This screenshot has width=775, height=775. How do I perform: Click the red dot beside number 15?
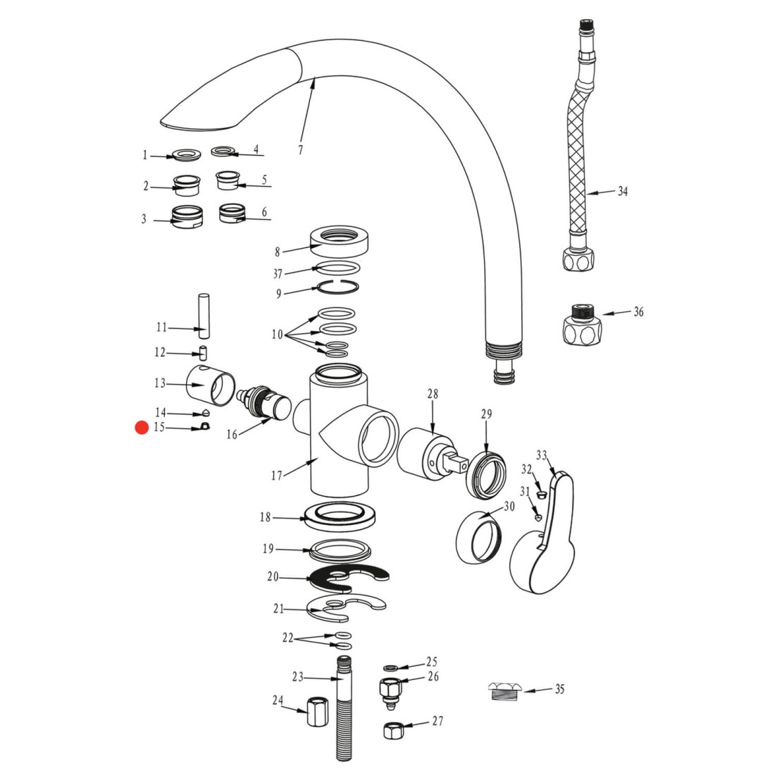point(142,428)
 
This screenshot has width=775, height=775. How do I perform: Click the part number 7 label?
point(300,150)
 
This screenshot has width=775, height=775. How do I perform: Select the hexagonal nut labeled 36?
point(581,324)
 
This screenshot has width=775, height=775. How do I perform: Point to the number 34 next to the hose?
point(623,191)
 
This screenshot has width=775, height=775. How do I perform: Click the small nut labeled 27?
point(392,730)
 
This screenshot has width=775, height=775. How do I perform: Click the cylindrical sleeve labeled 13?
point(212,385)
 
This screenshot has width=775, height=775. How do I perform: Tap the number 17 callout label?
point(276,476)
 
